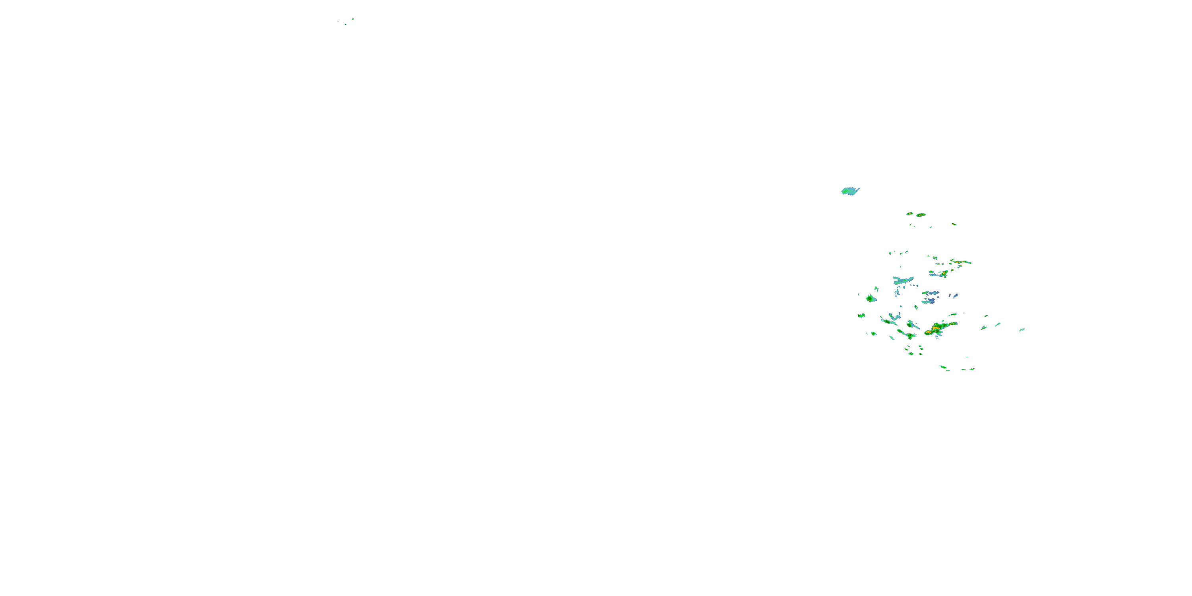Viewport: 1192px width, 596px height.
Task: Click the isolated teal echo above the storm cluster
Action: pyautogui.click(x=849, y=191)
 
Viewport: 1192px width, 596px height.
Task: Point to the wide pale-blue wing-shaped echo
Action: pyautogui.click(x=903, y=280)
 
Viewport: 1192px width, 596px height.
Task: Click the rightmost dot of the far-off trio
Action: pyautogui.click(x=352, y=19)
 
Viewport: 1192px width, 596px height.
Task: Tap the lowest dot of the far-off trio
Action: pyautogui.click(x=345, y=25)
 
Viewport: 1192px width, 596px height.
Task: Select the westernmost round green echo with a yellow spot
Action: pyautogui.click(x=871, y=298)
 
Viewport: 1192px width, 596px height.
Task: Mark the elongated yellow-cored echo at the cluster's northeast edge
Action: pyautogui.click(x=961, y=262)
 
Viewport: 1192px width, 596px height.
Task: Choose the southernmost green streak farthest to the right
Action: pyautogui.click(x=968, y=369)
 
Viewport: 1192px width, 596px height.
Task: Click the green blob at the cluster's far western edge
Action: pyautogui.click(x=861, y=315)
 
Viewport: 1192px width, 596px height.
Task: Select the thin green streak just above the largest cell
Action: pyautogui.click(x=952, y=315)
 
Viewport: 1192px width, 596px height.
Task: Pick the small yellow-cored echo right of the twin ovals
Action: pyautogui.click(x=953, y=224)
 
